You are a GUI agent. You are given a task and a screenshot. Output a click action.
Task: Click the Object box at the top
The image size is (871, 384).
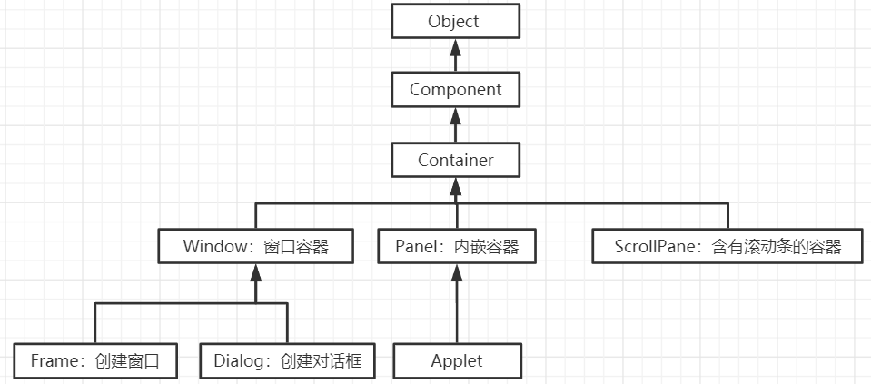point(455,21)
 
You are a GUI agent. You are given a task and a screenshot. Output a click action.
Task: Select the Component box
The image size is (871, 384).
point(455,90)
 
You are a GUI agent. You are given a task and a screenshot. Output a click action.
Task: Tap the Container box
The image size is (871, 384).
point(455,160)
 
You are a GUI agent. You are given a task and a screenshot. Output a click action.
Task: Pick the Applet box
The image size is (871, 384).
point(457,360)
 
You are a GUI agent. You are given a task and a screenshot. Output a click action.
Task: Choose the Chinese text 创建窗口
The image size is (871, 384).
point(126,360)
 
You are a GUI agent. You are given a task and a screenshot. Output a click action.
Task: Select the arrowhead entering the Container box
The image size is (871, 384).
point(455,184)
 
